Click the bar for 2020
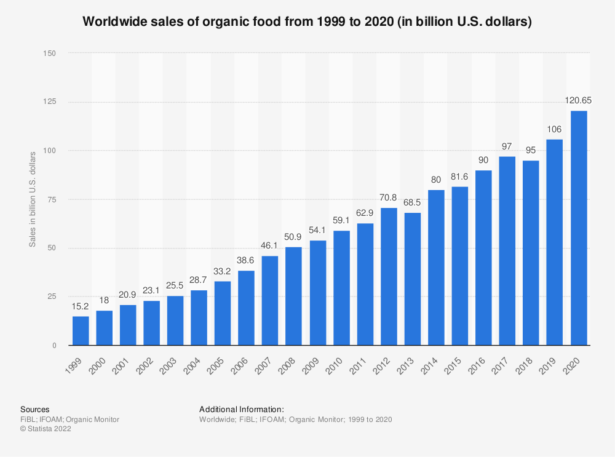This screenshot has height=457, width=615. (x=579, y=228)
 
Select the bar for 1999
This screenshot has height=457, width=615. (x=81, y=331)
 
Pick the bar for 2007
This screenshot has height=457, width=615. (x=270, y=301)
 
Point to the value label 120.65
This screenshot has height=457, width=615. (x=579, y=100)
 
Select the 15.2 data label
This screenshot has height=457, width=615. (x=81, y=305)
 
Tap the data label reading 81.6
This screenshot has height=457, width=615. (x=459, y=176)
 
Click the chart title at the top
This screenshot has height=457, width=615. (x=307, y=22)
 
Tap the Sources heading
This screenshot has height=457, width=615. (x=34, y=409)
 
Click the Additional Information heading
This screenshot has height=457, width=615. (x=242, y=409)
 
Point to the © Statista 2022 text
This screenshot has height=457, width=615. (x=46, y=429)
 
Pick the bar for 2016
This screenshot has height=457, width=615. (x=483, y=258)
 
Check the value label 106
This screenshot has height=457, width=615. (x=555, y=128)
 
